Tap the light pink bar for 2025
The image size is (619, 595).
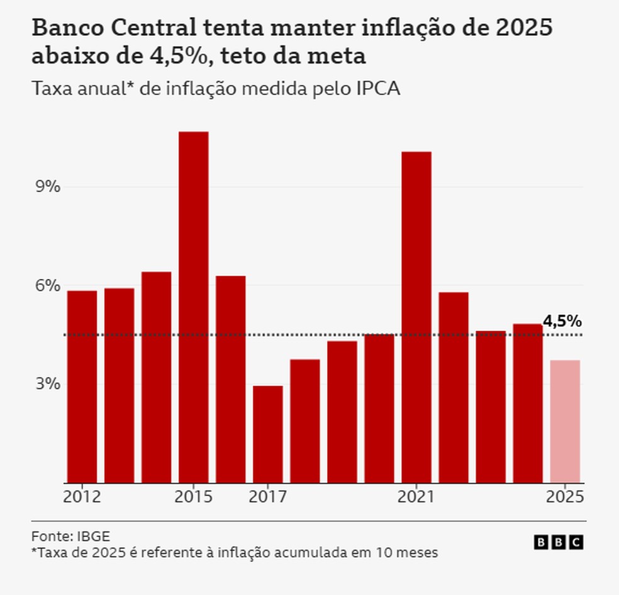coord(565,421)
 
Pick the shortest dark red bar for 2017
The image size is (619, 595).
coord(268,434)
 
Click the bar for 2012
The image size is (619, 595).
coord(82,387)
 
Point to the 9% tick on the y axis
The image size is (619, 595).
coord(47,187)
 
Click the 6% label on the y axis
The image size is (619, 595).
coord(47,285)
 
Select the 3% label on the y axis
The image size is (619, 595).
coord(47,384)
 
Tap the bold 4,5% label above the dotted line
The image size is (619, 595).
coord(562,321)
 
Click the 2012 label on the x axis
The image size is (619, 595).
coord(82,497)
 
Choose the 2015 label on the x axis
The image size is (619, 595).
coord(194,497)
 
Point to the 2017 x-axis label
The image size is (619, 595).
coord(268,497)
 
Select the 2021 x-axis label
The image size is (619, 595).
coord(416,497)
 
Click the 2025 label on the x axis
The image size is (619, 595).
coord(565,497)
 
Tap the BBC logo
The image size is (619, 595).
coord(559,542)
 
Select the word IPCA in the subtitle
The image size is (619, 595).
coord(379,89)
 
